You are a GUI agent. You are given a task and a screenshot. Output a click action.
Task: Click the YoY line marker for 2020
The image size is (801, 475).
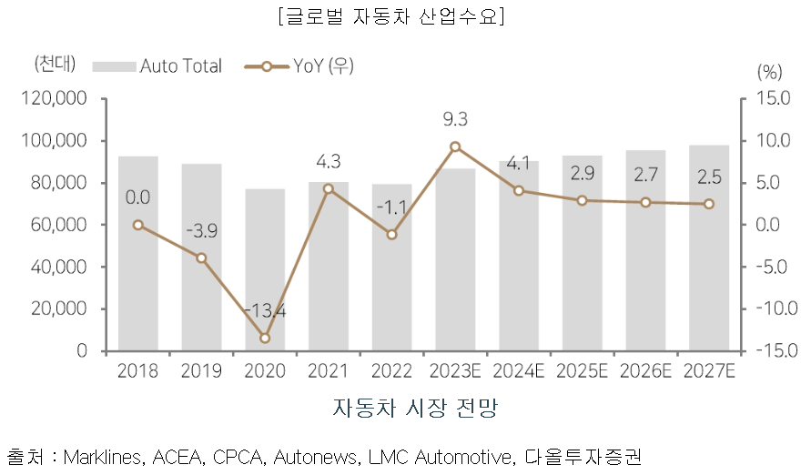(265, 338)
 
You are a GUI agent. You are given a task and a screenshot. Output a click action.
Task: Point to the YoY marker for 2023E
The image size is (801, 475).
(455, 147)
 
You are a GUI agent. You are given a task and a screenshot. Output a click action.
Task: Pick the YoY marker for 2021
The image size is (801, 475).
(329, 188)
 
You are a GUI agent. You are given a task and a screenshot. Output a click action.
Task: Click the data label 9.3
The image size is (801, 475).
(455, 119)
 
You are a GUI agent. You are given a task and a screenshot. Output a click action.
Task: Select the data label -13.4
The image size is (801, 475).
(265, 311)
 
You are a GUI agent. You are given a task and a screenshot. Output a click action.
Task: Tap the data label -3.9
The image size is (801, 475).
(201, 231)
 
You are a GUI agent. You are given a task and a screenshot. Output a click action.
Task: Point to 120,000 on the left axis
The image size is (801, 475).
(56, 98)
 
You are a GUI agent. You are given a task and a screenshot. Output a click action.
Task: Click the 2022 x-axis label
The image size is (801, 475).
(391, 371)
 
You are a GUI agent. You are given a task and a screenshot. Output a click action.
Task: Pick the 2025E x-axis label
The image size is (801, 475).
(582, 371)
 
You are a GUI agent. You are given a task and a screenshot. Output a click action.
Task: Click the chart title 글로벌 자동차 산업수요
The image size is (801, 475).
(400, 16)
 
